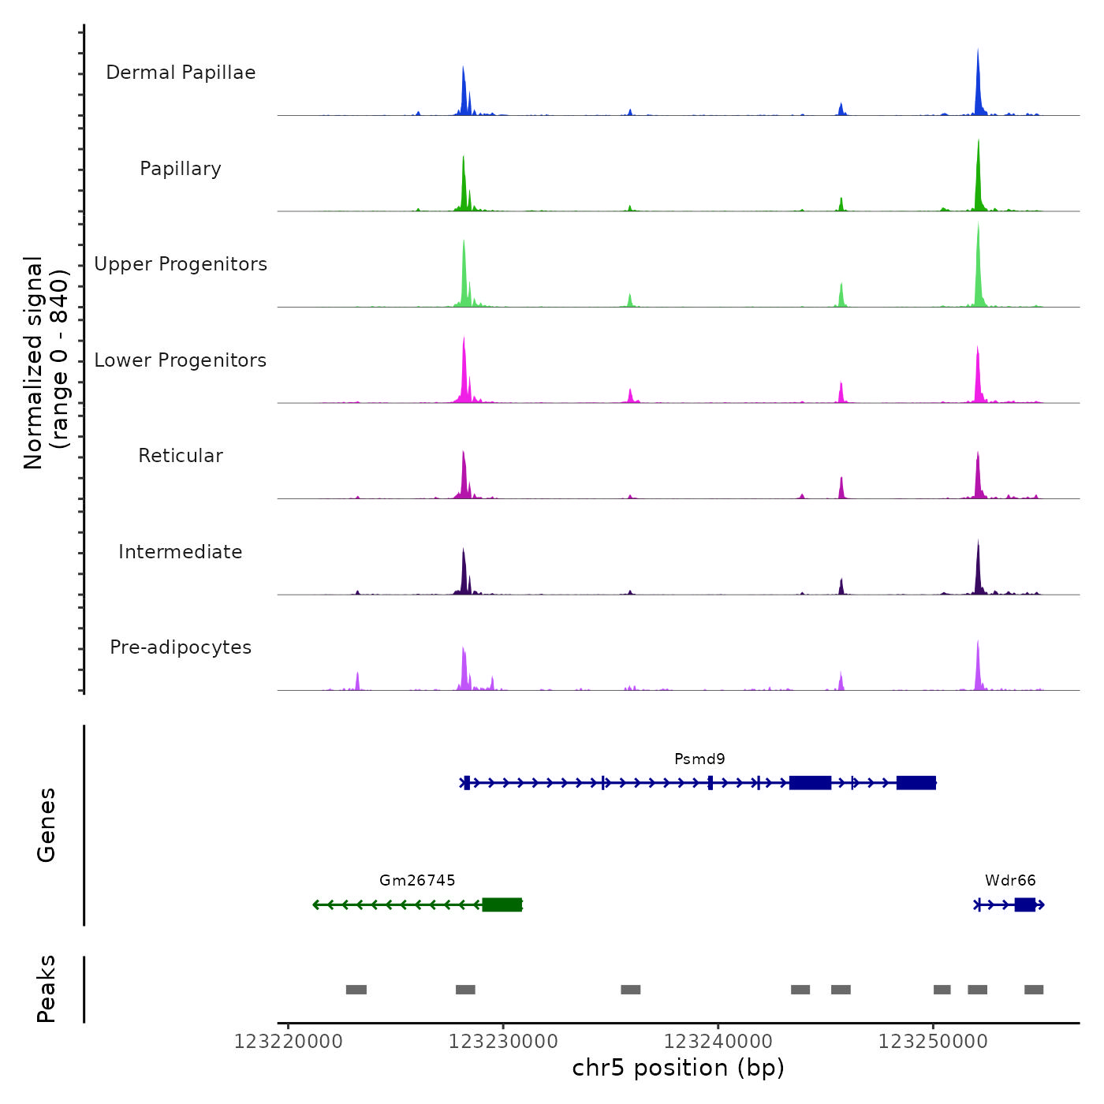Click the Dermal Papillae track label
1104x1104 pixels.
181,73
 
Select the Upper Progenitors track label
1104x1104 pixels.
181,264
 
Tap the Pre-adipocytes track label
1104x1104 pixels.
181,647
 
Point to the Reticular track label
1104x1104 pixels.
181,456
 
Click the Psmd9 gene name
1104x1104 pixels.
699,759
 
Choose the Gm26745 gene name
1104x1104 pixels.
417,881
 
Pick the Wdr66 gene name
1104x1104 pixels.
1010,881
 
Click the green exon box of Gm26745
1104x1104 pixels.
502,904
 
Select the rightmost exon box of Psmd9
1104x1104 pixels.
916,782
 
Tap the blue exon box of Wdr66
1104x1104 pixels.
1024,904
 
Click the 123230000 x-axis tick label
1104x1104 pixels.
503,1042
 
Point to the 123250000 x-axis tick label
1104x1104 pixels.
933,1042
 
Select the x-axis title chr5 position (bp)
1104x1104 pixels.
678,1069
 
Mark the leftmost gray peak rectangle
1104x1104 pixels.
356,990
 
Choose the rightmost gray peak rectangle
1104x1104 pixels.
1034,990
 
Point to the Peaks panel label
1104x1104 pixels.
47,989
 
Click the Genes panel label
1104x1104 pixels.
47,825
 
